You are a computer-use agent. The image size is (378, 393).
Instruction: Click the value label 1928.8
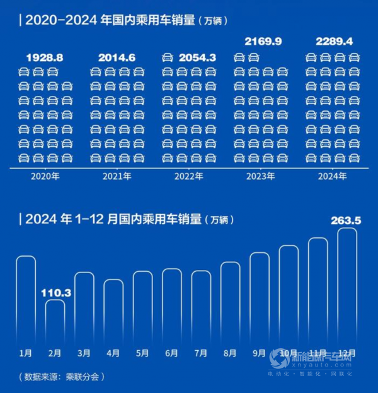(45, 57)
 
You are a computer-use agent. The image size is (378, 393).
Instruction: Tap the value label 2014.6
(117, 57)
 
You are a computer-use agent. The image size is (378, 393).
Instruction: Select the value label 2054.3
(197, 57)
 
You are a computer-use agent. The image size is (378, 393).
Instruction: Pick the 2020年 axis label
(45, 177)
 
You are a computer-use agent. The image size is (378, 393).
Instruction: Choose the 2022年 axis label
(189, 177)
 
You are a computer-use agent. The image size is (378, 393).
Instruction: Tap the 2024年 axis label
(333, 177)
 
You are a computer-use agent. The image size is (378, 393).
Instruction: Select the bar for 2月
(55, 322)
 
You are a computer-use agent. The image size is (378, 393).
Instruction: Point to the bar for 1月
(26, 300)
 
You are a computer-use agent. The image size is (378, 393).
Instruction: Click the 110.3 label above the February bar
(55, 293)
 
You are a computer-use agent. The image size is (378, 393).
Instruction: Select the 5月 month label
(142, 353)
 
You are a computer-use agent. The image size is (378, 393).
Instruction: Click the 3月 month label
(84, 353)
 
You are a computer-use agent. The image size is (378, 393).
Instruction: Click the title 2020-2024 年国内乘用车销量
(123, 20)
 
